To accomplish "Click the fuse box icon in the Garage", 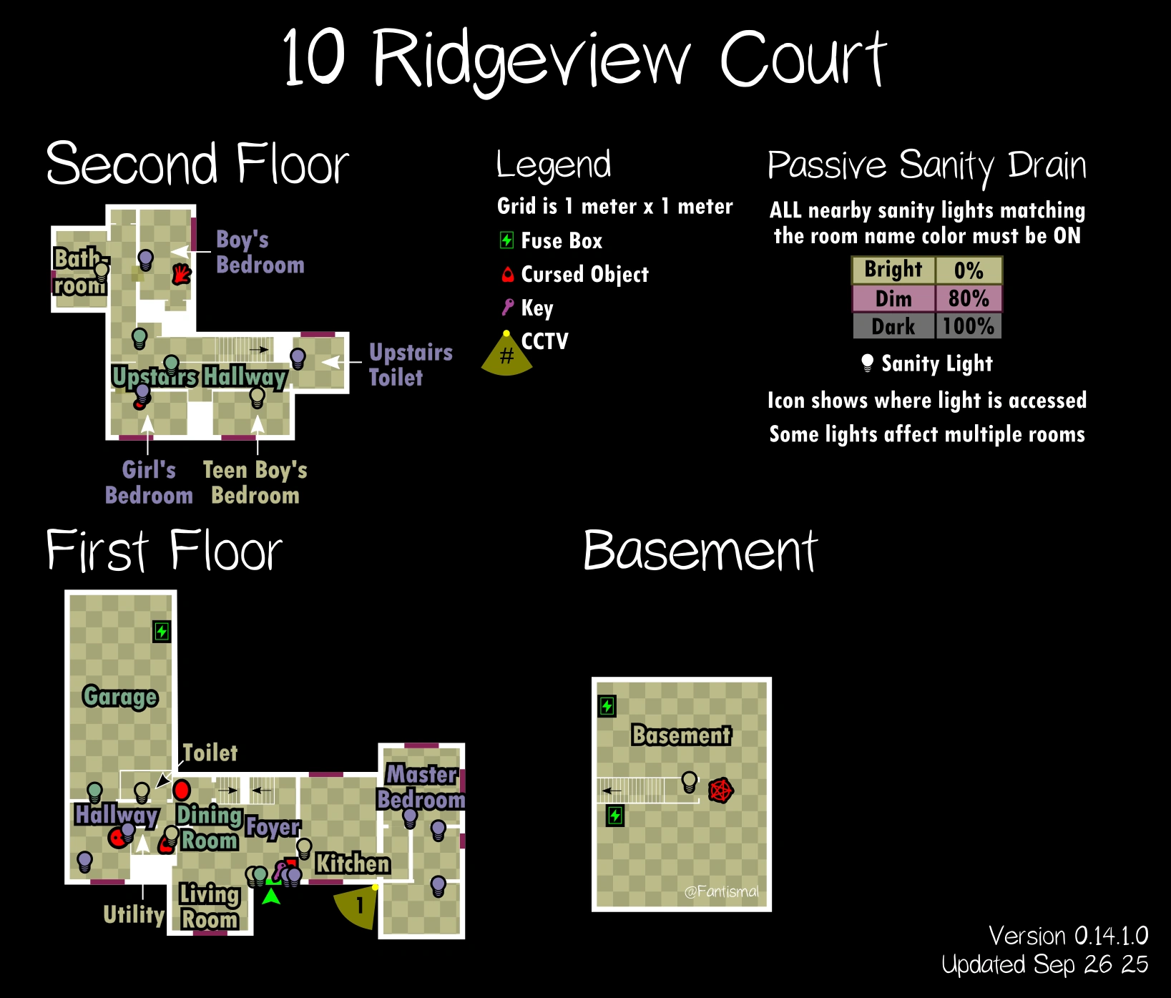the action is click(162, 632).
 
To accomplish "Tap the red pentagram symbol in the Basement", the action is click(720, 790).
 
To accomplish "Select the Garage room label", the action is click(119, 696).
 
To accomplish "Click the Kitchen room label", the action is click(353, 864).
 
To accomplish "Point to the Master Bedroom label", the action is click(421, 786).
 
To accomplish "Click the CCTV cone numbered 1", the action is click(358, 906).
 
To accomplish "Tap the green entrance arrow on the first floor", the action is click(271, 896).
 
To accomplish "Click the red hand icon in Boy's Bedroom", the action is click(182, 273).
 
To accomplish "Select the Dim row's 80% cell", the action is click(969, 298).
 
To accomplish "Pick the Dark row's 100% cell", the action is click(969, 326).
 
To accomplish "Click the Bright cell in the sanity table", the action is click(893, 270).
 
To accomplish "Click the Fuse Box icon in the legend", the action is click(506, 240).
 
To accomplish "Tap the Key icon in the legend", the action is click(507, 308).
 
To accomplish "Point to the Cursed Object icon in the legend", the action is click(507, 274).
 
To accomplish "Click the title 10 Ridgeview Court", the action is click(584, 59).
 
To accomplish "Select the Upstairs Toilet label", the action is click(410, 364).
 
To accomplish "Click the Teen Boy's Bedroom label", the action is click(255, 482).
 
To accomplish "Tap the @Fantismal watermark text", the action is click(721, 891).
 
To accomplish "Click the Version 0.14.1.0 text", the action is click(1068, 936).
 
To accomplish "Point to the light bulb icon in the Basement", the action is click(689, 781).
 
